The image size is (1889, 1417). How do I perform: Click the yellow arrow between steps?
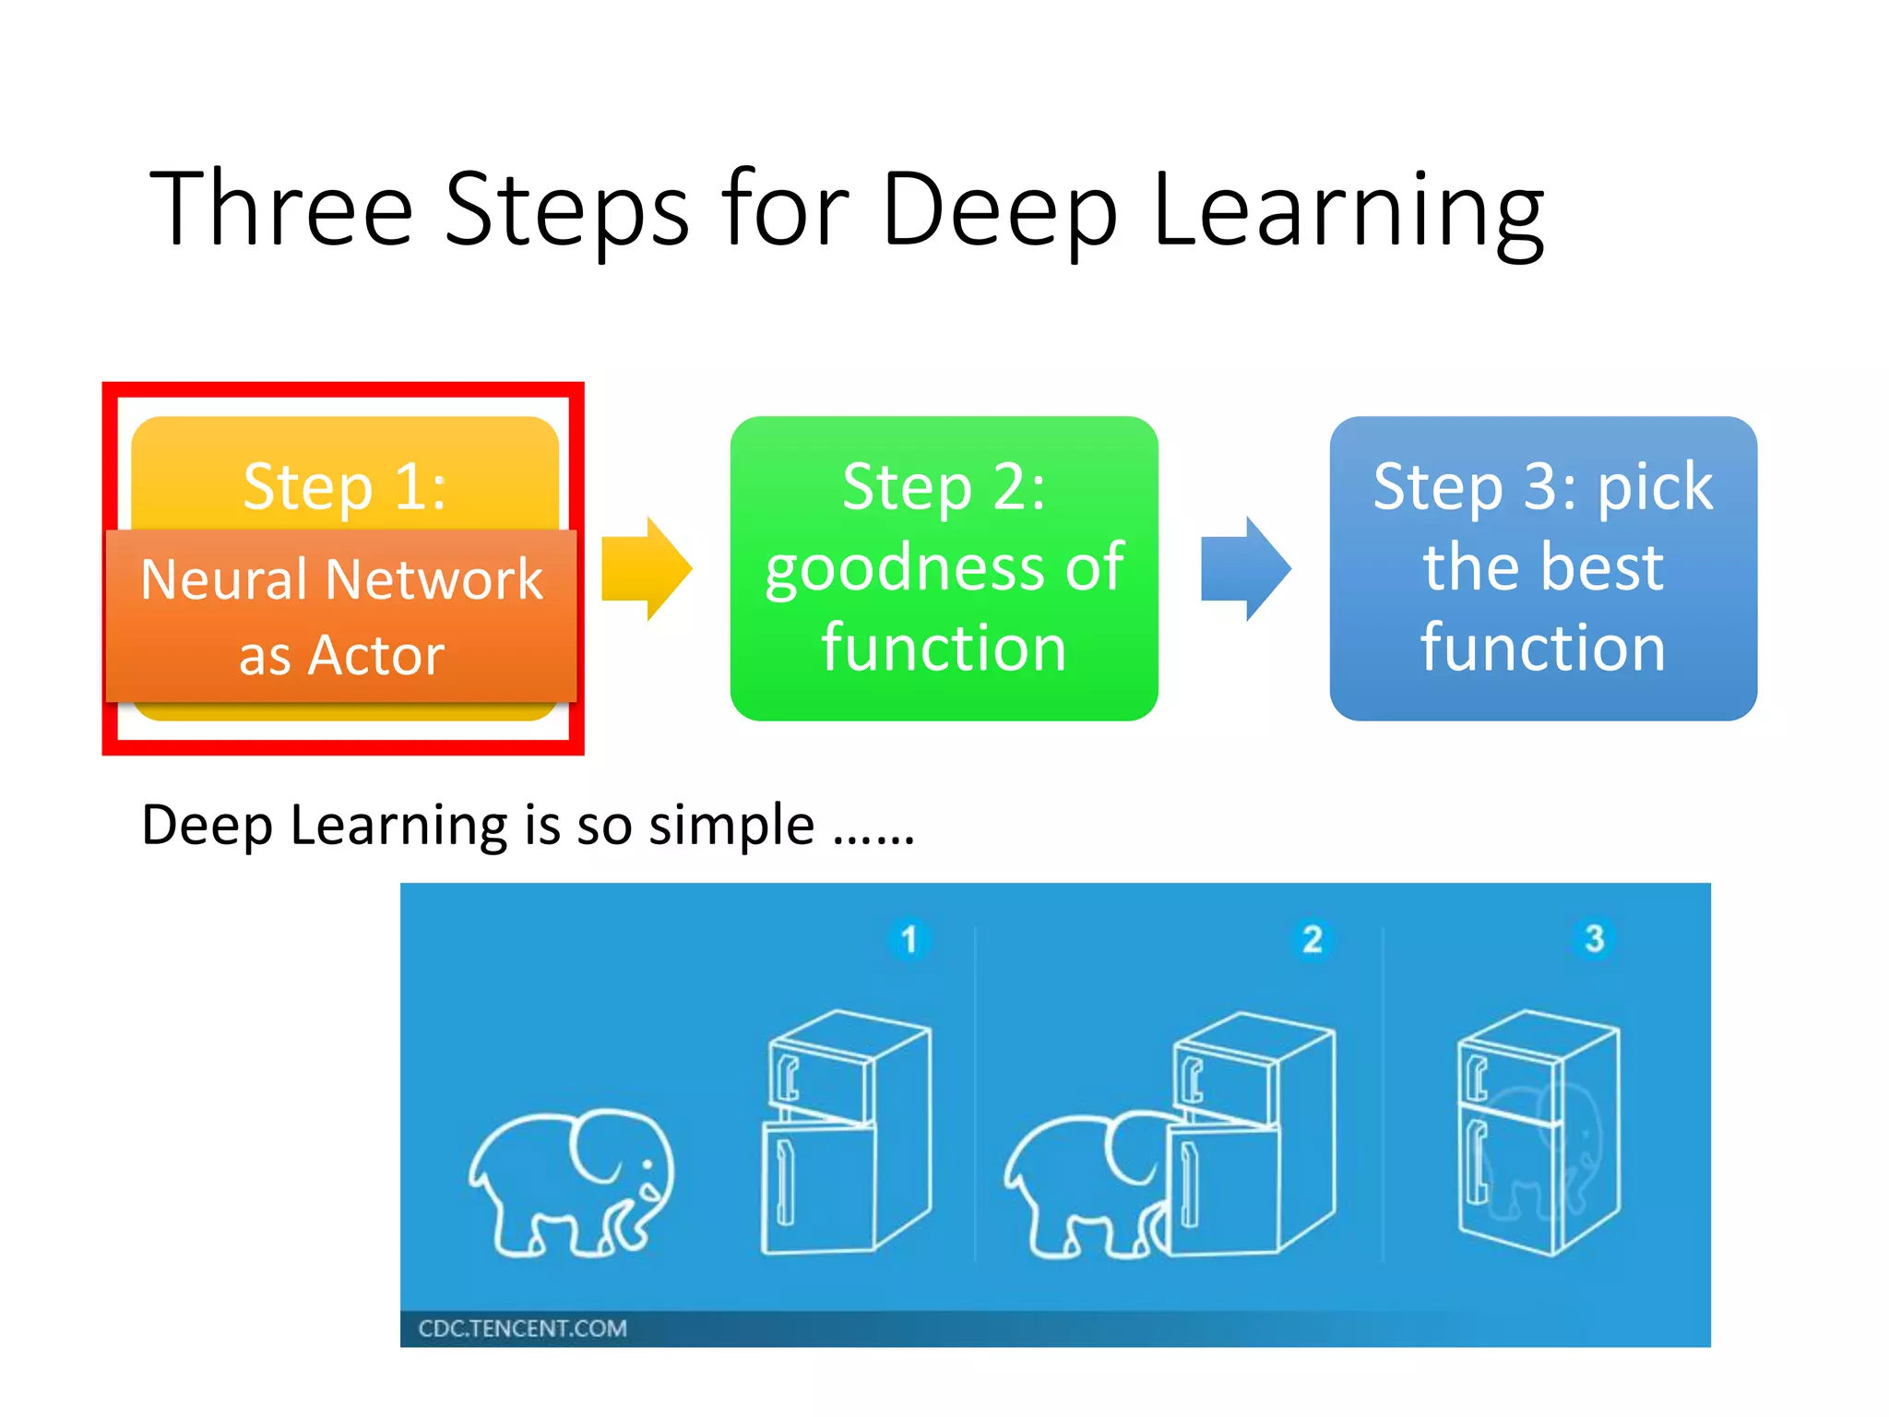pyautogui.click(x=645, y=568)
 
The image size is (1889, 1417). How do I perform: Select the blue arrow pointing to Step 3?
pyautogui.click(x=1244, y=568)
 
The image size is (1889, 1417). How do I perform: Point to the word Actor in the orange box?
pyautogui.click(x=375, y=655)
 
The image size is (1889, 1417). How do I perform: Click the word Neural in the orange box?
pyautogui.click(x=223, y=579)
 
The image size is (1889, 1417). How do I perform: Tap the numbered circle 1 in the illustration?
pyautogui.click(x=909, y=939)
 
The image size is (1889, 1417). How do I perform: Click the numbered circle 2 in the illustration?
pyautogui.click(x=1312, y=939)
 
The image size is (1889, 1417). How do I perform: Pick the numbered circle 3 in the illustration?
pyautogui.click(x=1594, y=938)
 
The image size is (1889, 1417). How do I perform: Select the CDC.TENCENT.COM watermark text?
pyautogui.click(x=522, y=1328)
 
